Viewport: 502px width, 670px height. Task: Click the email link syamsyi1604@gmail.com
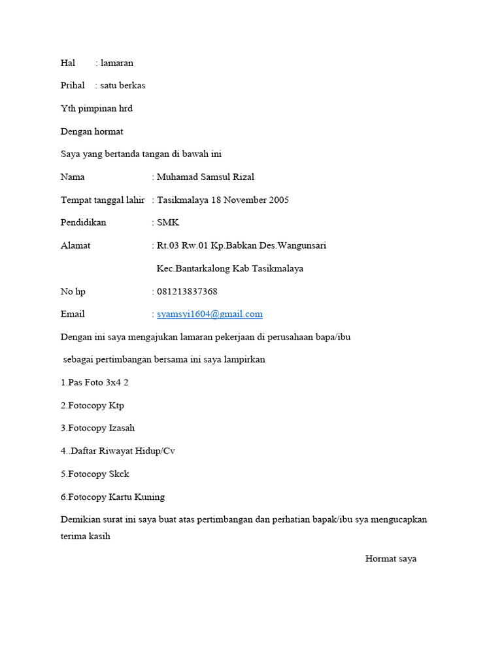click(x=210, y=314)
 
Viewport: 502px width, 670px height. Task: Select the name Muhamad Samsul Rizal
click(x=206, y=177)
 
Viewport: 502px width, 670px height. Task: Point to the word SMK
click(x=168, y=222)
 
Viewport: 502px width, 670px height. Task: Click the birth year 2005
click(x=277, y=200)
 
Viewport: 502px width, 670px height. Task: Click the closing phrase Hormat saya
click(x=391, y=559)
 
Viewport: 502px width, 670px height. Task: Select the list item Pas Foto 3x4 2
click(x=95, y=382)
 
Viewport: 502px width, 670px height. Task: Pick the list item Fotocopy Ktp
click(x=92, y=405)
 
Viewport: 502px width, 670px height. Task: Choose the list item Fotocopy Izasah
click(x=97, y=428)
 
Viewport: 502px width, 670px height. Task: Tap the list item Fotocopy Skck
click(x=95, y=474)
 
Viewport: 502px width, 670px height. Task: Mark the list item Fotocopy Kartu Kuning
click(x=112, y=497)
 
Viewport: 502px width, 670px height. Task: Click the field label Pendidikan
click(x=83, y=222)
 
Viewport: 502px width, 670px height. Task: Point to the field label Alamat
click(x=76, y=245)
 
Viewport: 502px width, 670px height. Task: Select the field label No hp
click(x=73, y=291)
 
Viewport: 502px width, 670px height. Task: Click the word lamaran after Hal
click(x=117, y=63)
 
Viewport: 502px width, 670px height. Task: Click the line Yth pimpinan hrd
click(x=97, y=109)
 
